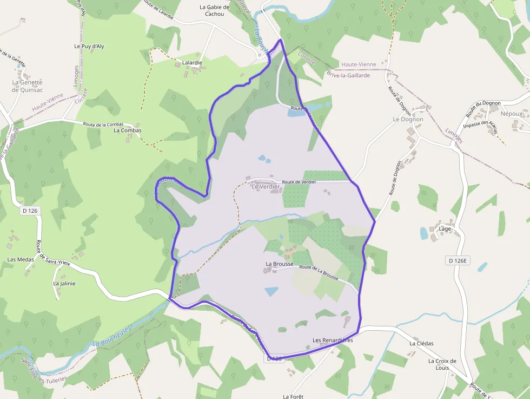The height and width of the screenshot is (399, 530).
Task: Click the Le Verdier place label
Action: (x=266, y=187)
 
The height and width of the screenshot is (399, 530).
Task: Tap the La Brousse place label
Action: (x=279, y=264)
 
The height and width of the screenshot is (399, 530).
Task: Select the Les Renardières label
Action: (x=333, y=341)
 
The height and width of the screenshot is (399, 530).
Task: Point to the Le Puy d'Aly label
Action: (x=89, y=47)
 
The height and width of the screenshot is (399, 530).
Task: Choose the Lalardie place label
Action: (x=192, y=63)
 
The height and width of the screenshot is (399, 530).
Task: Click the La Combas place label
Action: (x=128, y=130)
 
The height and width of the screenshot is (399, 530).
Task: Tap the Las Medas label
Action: (x=21, y=259)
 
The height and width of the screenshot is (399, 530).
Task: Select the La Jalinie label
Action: (x=64, y=283)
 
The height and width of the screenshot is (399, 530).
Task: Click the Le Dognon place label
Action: (x=408, y=119)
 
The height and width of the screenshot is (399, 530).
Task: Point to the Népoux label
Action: (x=512, y=114)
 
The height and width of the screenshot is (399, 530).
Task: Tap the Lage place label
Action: (x=445, y=229)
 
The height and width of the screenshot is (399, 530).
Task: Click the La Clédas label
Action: (x=421, y=343)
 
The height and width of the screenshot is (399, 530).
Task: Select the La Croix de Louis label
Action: (x=442, y=364)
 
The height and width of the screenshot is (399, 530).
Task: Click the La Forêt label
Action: (x=293, y=396)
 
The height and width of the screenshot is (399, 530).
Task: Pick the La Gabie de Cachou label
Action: (x=215, y=11)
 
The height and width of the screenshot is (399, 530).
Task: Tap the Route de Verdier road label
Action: (x=302, y=182)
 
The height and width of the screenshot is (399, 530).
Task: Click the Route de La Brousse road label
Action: (x=319, y=273)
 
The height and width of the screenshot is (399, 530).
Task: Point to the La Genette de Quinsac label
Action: (x=27, y=86)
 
